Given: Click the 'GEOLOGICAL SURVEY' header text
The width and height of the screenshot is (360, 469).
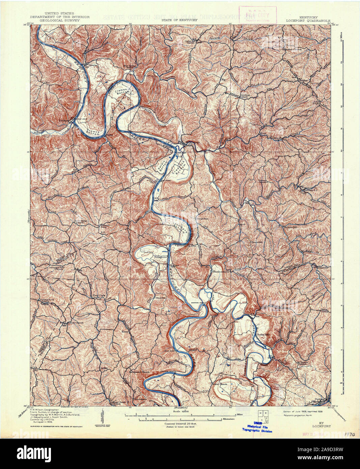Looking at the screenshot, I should click(60, 20).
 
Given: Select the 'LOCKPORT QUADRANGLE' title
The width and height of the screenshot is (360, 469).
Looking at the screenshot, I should click(308, 20).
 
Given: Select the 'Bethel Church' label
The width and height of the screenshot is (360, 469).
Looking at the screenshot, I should click(220, 384).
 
